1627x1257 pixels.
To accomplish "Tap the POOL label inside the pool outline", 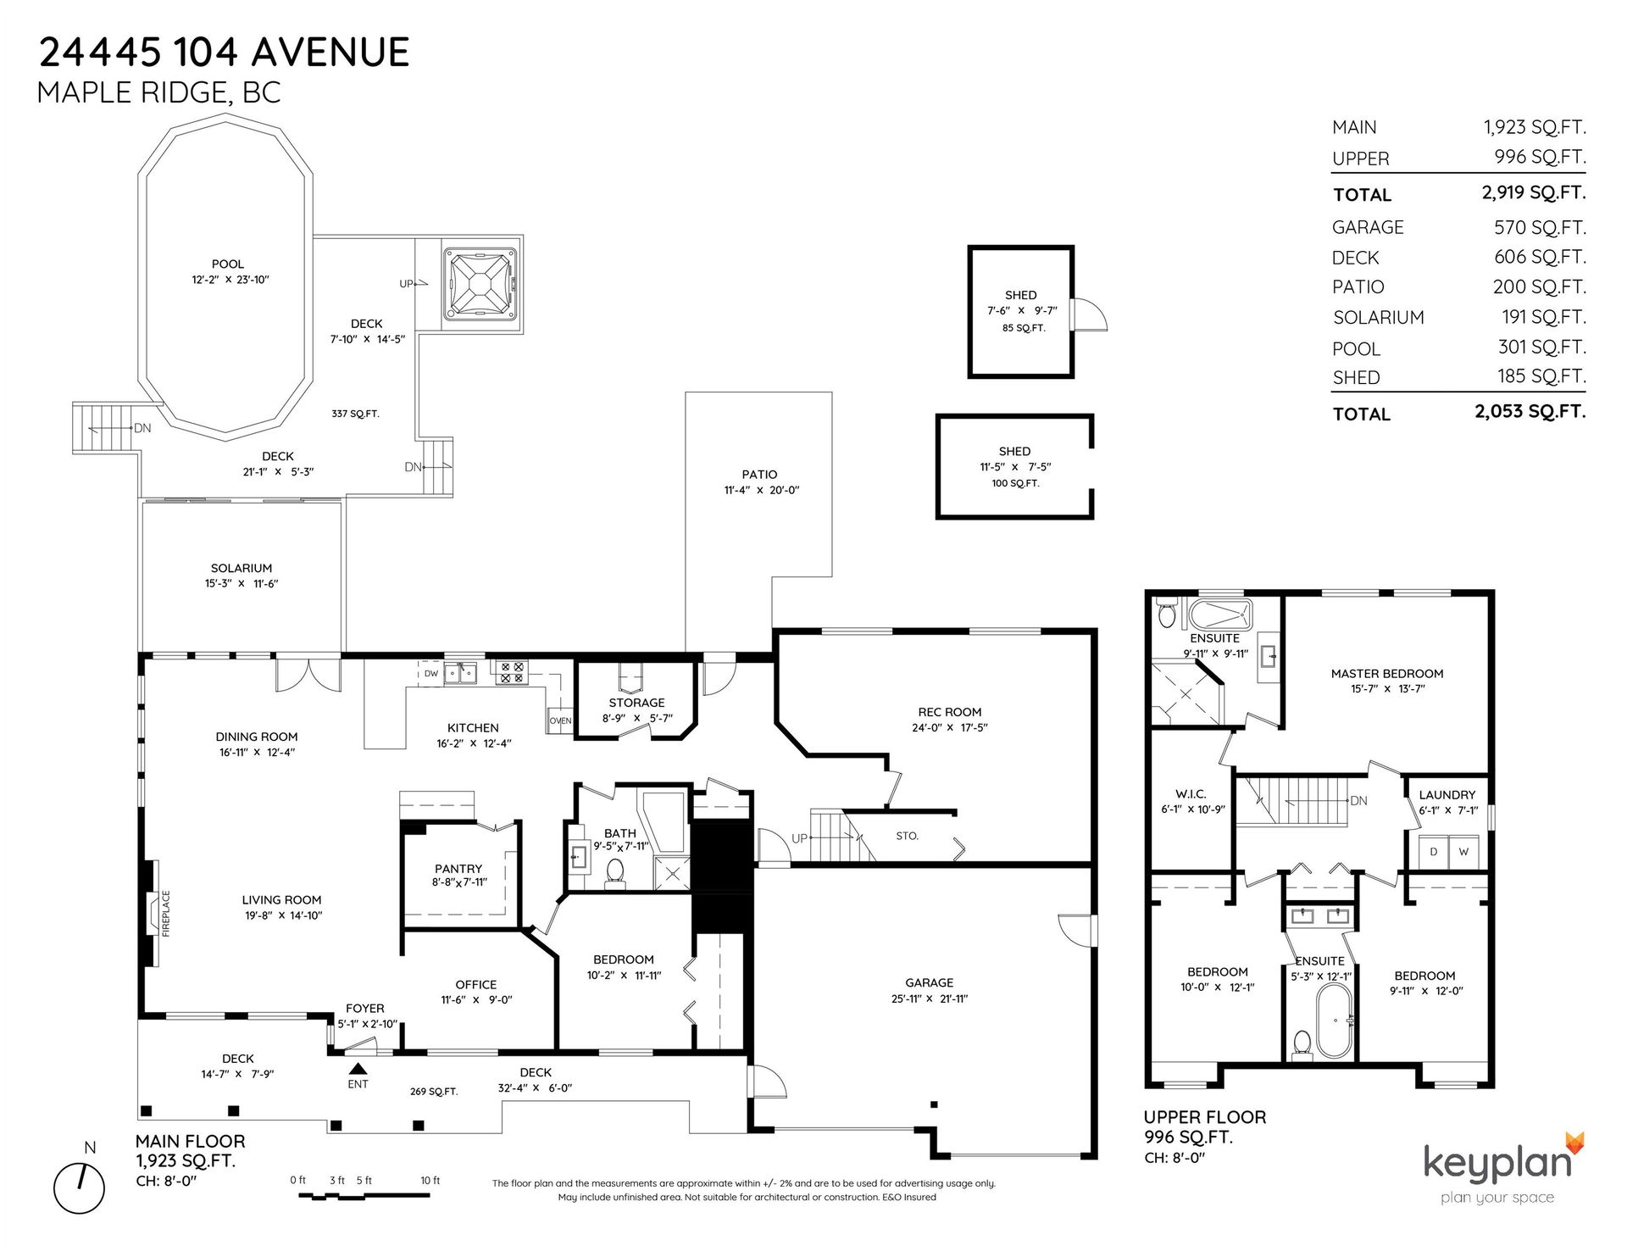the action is (228, 264).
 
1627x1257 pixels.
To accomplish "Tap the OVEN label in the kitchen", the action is (560, 720).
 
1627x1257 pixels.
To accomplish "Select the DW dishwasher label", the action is (430, 674).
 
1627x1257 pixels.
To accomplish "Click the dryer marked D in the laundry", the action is (1433, 852).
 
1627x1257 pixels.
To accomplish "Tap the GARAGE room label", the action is (929, 982).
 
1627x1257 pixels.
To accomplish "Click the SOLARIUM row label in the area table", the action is (1378, 318).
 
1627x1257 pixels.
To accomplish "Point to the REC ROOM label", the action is (949, 712).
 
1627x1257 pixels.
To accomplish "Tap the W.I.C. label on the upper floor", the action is (1190, 794).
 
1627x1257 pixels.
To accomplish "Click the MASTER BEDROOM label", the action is (1386, 674).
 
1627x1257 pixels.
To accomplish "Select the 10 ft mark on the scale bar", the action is (430, 1180).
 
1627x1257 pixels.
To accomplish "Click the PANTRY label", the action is (458, 869).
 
